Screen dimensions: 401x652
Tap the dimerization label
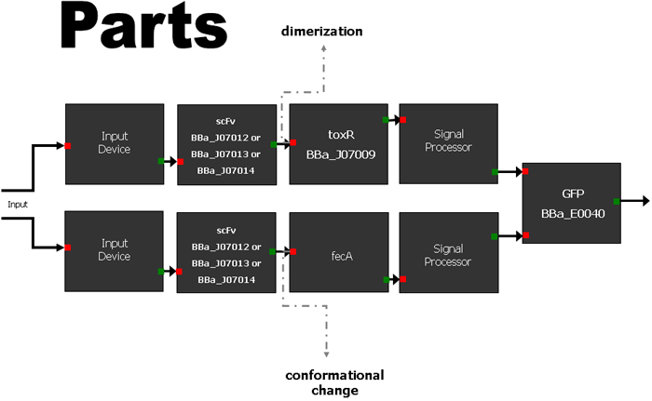click(x=321, y=33)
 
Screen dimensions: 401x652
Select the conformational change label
click(x=334, y=382)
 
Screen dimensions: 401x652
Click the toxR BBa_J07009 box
click(x=339, y=143)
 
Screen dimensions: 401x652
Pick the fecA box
click(x=339, y=252)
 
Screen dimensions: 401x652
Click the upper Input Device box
click(x=114, y=143)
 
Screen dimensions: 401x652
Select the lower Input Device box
click(x=114, y=252)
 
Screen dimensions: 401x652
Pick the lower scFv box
click(x=226, y=253)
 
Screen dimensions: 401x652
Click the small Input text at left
click(x=19, y=203)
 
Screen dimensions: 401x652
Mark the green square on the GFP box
click(x=616, y=200)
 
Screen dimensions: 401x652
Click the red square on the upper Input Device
click(x=68, y=145)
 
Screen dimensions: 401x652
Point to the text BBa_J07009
click(x=340, y=153)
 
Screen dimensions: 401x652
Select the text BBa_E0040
click(x=572, y=212)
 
